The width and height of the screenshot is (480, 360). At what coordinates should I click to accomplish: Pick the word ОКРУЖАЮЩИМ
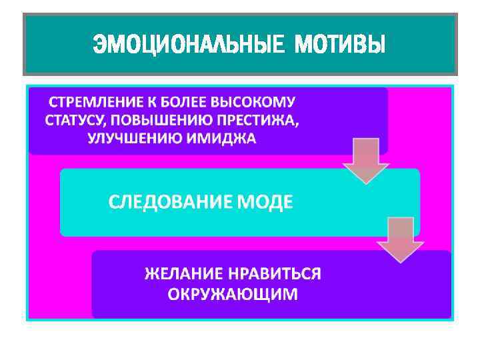(x=233, y=294)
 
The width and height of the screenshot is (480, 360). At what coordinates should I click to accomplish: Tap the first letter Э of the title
(x=99, y=45)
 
